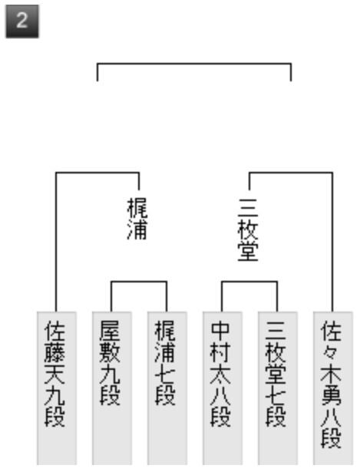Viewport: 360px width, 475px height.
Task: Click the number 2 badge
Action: pos(22,21)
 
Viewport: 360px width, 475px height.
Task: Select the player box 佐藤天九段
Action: pos(57,388)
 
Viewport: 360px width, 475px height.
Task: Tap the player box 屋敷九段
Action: pos(112,388)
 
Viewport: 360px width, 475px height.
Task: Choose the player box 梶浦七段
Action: pos(167,388)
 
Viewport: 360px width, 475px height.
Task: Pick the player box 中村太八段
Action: pos(223,388)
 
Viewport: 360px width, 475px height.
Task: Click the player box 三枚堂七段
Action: pos(278,388)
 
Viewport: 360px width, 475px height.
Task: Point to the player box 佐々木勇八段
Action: pos(333,388)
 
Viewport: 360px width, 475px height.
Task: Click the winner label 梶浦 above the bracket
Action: pos(137,219)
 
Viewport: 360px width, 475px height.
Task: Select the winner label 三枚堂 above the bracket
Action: pos(248,229)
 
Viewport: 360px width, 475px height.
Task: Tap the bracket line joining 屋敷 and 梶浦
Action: pos(139,282)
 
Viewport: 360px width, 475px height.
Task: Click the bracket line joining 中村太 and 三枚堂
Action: pos(249,282)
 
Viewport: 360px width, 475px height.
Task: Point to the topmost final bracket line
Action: pos(194,64)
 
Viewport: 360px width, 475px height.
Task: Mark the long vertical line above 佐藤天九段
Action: pos(56,242)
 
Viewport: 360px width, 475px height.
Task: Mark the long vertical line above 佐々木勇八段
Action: pos(332,242)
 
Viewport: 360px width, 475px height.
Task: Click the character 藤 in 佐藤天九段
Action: pos(54,353)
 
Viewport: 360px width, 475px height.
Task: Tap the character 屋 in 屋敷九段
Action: pos(110,331)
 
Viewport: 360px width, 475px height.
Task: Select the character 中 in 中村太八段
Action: pos(220,331)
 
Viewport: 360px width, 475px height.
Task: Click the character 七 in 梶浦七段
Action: pos(165,374)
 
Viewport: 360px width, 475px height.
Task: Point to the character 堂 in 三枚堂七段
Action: pos(276,374)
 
